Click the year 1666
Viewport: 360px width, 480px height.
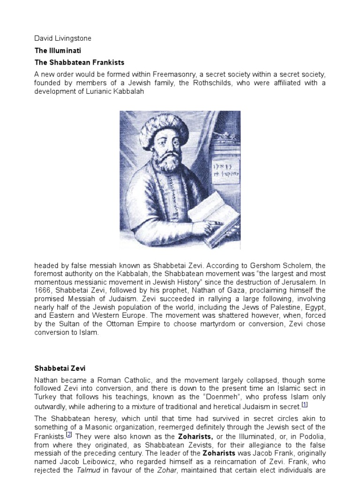click(x=45, y=291)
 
